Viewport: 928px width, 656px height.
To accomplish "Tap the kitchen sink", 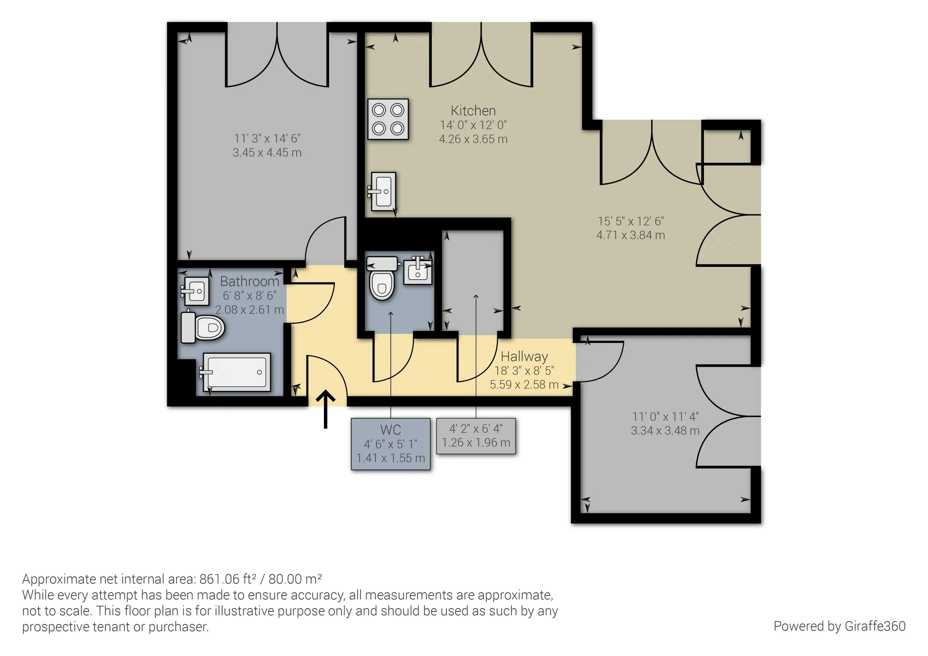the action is click(382, 191).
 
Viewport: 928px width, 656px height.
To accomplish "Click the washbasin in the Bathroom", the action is click(195, 291).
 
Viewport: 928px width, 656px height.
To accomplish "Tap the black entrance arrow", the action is click(325, 409).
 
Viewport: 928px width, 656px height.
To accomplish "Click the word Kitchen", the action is click(473, 110).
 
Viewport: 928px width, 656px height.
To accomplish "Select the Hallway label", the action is click(524, 357).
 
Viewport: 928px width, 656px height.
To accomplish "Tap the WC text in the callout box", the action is click(390, 430).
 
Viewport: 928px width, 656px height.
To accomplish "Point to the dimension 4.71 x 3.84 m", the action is click(630, 235).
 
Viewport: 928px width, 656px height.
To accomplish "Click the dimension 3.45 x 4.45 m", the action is click(267, 152).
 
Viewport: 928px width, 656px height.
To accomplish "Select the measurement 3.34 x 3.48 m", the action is click(665, 430).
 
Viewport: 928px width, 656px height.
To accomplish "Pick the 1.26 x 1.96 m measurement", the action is click(476, 443).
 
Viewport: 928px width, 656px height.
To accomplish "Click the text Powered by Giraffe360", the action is click(839, 626).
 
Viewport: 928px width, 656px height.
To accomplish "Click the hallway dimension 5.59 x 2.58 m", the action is click(524, 384).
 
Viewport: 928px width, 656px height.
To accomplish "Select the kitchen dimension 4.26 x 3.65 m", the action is click(473, 139).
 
